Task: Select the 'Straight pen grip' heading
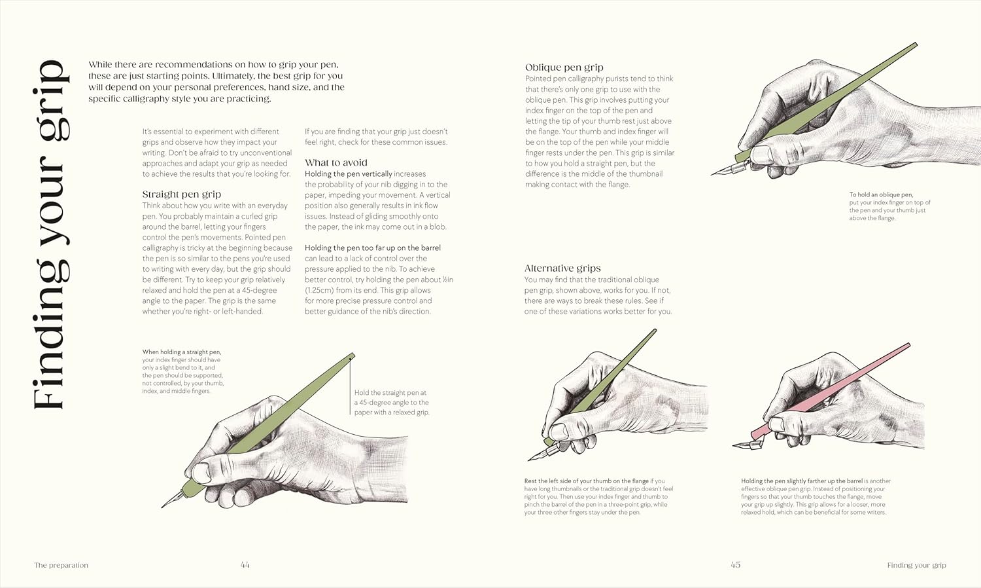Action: pyautogui.click(x=182, y=194)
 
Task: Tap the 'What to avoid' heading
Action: pyautogui.click(x=336, y=163)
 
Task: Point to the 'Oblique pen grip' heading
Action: pyautogui.click(x=564, y=67)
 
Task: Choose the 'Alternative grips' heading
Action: pyautogui.click(x=562, y=268)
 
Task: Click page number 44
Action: pyautogui.click(x=245, y=564)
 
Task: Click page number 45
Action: pyautogui.click(x=735, y=564)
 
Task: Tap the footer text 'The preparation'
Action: pyautogui.click(x=61, y=565)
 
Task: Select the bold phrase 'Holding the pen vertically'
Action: pyautogui.click(x=349, y=174)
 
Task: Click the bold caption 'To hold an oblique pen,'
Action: pyautogui.click(x=881, y=195)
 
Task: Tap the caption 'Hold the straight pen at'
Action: pyautogui.click(x=390, y=393)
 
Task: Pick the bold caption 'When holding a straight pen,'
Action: pyautogui.click(x=182, y=352)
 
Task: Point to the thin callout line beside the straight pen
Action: pyautogui.click(x=350, y=386)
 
